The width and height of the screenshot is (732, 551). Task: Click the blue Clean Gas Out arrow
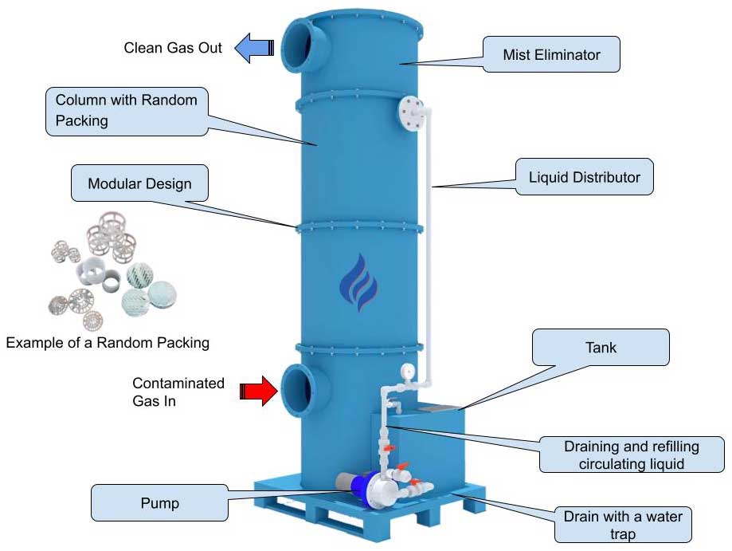pyautogui.click(x=254, y=48)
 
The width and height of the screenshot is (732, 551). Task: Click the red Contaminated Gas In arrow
pyautogui.click(x=258, y=390)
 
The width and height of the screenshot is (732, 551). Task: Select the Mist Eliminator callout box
pyautogui.click(x=551, y=56)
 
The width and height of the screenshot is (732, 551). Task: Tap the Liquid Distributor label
pyautogui.click(x=584, y=177)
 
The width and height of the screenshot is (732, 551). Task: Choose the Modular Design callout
pyautogui.click(x=139, y=183)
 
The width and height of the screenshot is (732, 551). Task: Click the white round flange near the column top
pyautogui.click(x=412, y=112)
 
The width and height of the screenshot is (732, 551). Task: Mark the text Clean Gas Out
pyautogui.click(x=173, y=48)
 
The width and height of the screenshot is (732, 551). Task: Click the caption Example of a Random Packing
pyautogui.click(x=108, y=343)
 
